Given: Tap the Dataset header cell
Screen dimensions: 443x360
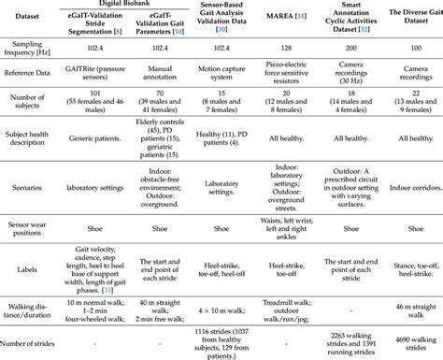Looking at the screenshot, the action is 36,18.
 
